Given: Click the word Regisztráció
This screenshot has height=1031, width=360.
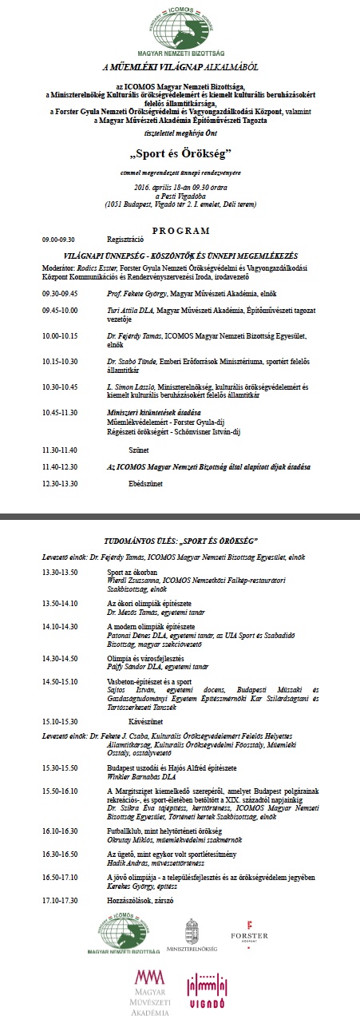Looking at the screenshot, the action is [124, 239].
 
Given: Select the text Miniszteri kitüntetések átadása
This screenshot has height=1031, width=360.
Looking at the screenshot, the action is [148, 410].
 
